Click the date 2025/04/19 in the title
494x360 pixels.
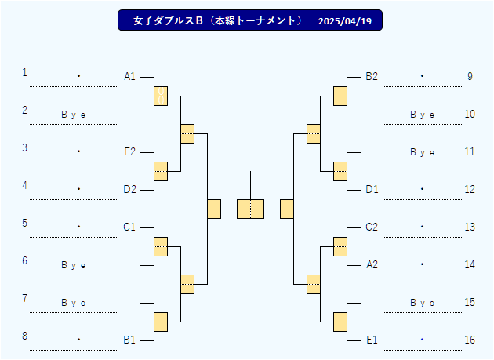[345, 21]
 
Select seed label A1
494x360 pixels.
[129, 76]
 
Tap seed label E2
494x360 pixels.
[129, 151]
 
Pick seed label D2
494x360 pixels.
[129, 189]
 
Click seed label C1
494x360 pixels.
[129, 227]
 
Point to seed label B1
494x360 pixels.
[129, 340]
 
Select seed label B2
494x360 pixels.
[372, 76]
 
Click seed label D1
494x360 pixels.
[372, 189]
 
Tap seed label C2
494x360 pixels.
[372, 227]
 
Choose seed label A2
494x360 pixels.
[372, 264]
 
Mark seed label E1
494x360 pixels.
[372, 340]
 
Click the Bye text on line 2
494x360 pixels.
[73, 115]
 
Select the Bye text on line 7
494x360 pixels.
[73, 303]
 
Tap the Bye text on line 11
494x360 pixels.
[422, 152]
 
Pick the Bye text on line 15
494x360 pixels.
[422, 303]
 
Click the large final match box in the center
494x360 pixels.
[250, 209]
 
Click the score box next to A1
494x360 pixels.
[161, 96]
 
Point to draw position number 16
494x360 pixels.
[470, 340]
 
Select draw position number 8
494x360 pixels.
[24, 336]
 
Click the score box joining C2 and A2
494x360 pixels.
[340, 246]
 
